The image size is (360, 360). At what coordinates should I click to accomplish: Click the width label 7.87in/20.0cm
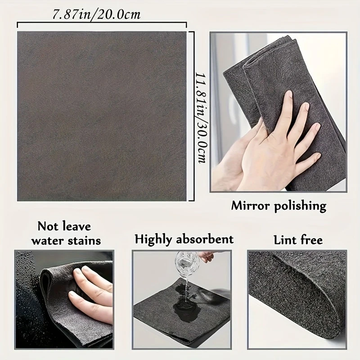click(x=97, y=14)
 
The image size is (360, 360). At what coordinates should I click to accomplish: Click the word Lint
click(x=284, y=239)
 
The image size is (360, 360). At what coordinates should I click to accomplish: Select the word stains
click(x=82, y=240)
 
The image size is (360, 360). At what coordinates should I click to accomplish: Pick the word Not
click(x=48, y=225)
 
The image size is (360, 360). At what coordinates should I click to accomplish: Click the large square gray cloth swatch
click(x=101, y=116)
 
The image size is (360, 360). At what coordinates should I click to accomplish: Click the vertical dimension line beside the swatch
click(x=193, y=116)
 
